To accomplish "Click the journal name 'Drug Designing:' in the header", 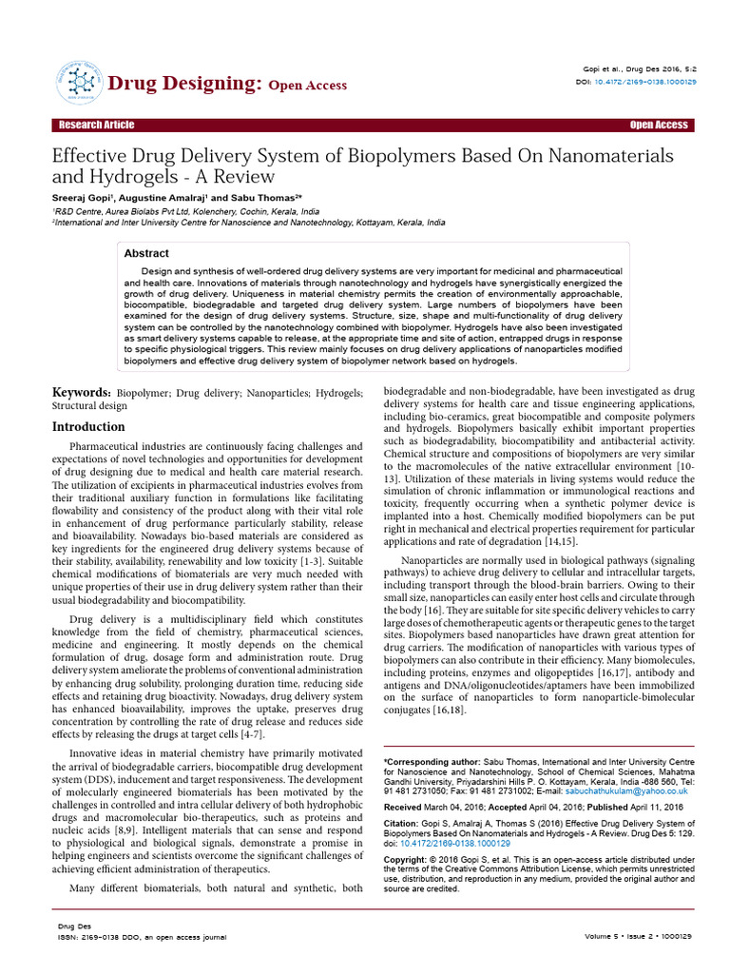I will (184, 84).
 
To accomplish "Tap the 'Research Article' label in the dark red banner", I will (96, 126).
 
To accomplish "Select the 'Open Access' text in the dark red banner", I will (658, 126).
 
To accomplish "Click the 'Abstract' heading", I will (146, 254).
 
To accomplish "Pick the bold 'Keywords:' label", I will (81, 393).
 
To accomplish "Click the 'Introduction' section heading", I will (88, 427).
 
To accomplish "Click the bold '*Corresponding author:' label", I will (427, 762).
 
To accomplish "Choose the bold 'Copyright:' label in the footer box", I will (410, 859).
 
